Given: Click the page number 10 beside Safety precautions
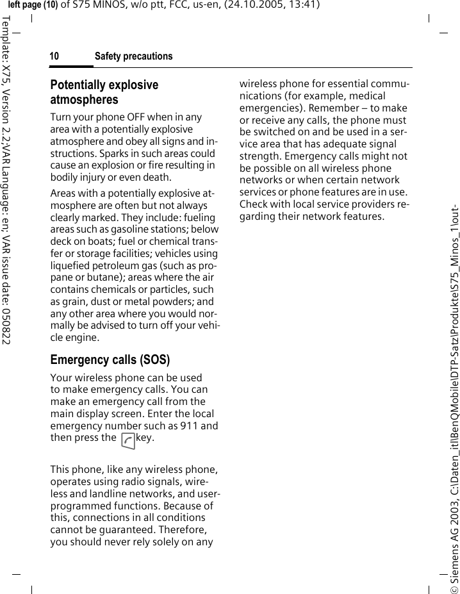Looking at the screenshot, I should click(x=54, y=57).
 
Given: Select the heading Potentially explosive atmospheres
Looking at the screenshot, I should click(x=104, y=92).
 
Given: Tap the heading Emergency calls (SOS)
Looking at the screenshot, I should click(x=110, y=359).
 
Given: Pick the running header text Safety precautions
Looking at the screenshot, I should click(x=133, y=57).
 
